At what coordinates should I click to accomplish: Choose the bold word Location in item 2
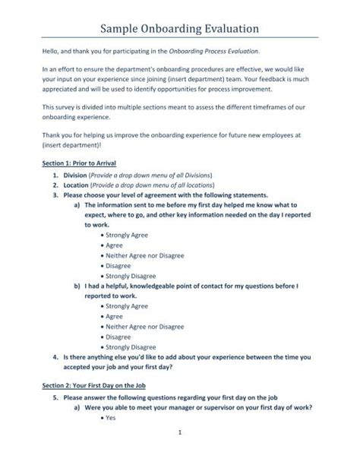[x=77, y=185]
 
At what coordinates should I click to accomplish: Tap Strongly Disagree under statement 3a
[x=131, y=276]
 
